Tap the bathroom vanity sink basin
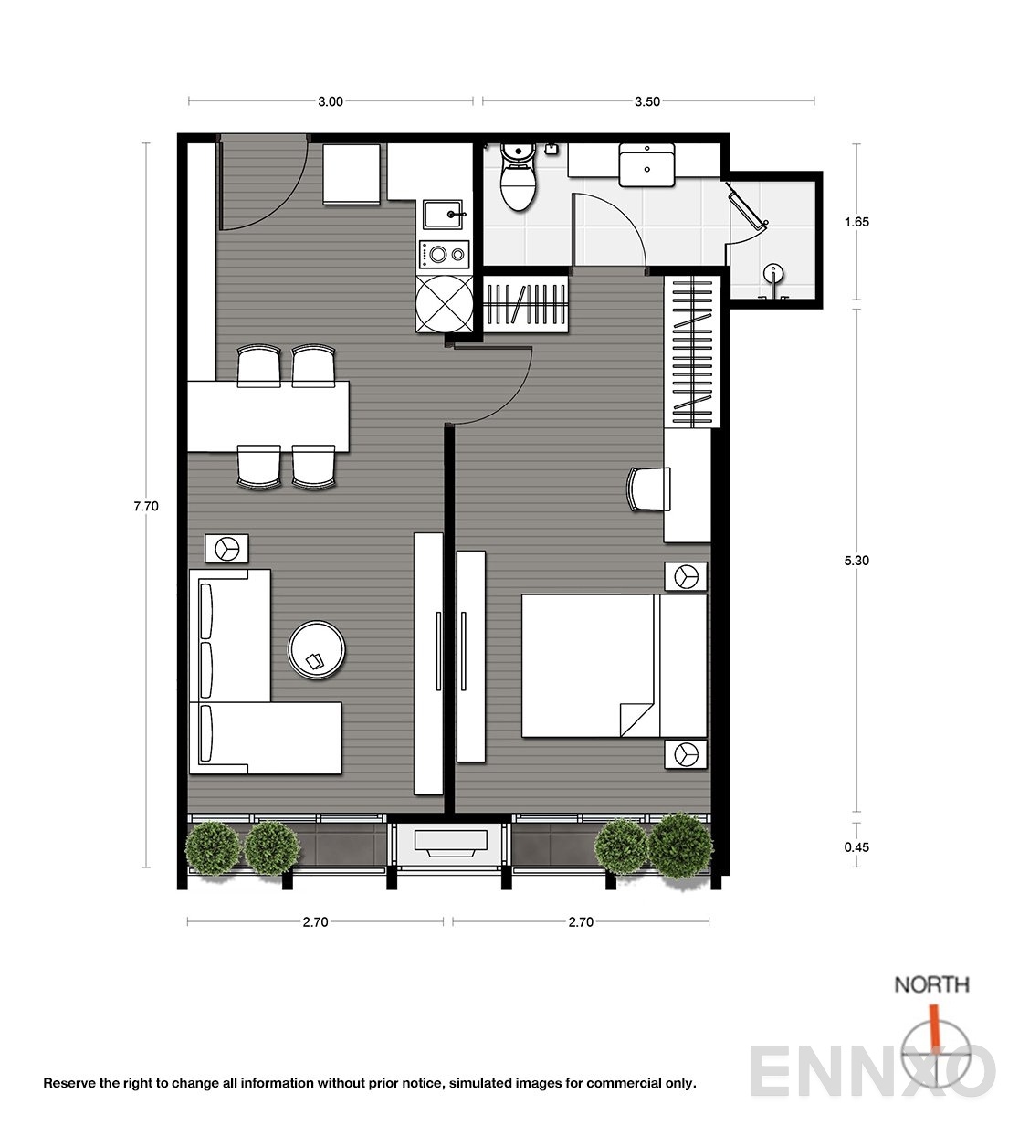[x=646, y=164]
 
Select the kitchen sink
[x=443, y=215]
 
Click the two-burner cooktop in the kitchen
[x=444, y=255]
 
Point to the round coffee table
[x=316, y=650]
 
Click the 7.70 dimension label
[x=146, y=506]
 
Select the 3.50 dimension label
[x=647, y=101]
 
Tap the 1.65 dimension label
[x=856, y=222]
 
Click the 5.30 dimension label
[x=856, y=561]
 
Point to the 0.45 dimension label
[x=856, y=847]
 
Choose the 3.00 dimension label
[x=331, y=101]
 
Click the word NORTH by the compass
[x=932, y=984]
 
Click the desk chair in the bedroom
[x=648, y=489]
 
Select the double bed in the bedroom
[x=615, y=666]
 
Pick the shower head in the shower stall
[x=773, y=276]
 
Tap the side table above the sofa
[x=226, y=549]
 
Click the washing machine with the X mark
[x=444, y=304]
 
